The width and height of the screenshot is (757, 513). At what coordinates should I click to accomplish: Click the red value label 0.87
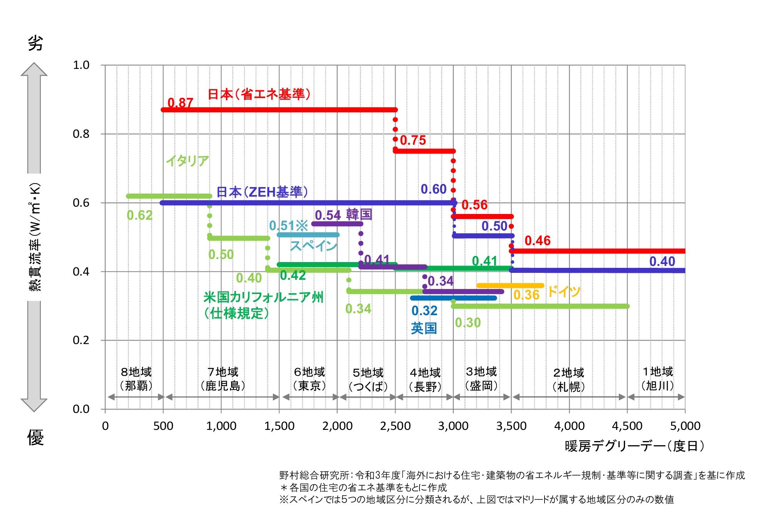pos(180,103)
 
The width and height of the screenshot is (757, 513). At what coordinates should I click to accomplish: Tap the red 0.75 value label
pos(413,140)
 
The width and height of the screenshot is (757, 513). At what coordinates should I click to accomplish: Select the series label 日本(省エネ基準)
pos(259,94)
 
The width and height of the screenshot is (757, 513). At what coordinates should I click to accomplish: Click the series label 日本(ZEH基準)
pos(262,192)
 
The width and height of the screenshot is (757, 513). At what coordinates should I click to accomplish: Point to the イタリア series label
pos(187,160)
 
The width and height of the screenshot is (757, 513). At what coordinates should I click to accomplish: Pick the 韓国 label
pos(359,214)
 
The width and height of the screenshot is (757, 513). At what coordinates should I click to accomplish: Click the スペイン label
pos(313,246)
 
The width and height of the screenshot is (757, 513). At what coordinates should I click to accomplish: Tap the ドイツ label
pos(563,292)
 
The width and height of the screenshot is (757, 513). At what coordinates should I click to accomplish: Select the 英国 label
pos(424,328)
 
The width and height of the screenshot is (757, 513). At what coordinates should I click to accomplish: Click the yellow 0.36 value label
pos(526,295)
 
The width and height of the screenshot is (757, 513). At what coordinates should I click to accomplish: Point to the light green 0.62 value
pos(140,216)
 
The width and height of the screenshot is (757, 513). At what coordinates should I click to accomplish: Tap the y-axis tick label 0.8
pos(81,134)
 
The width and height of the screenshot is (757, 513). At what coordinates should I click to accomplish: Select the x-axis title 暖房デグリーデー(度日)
pos(635,446)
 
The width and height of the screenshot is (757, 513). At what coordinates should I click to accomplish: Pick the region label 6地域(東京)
pos(309,379)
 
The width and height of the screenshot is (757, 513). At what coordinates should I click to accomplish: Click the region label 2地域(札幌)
pos(568,379)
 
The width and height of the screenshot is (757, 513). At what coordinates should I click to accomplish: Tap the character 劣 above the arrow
pos(35,43)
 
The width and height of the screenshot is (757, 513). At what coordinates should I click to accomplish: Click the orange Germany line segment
pos(510,286)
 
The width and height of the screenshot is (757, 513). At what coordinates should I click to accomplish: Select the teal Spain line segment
pos(308,235)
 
